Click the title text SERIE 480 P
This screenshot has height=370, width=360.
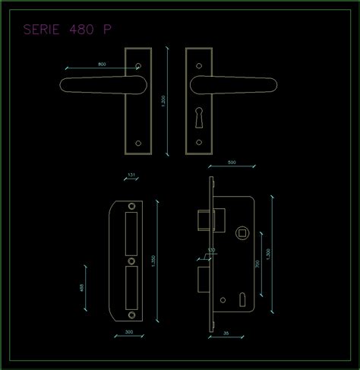pyautogui.click(x=68, y=30)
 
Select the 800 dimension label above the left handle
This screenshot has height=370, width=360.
pyautogui.click(x=103, y=64)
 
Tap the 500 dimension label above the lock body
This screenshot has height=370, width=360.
pyautogui.click(x=232, y=162)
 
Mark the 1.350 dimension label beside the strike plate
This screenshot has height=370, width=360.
pyautogui.click(x=155, y=259)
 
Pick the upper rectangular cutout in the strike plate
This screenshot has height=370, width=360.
pyautogui.click(x=130, y=232)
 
